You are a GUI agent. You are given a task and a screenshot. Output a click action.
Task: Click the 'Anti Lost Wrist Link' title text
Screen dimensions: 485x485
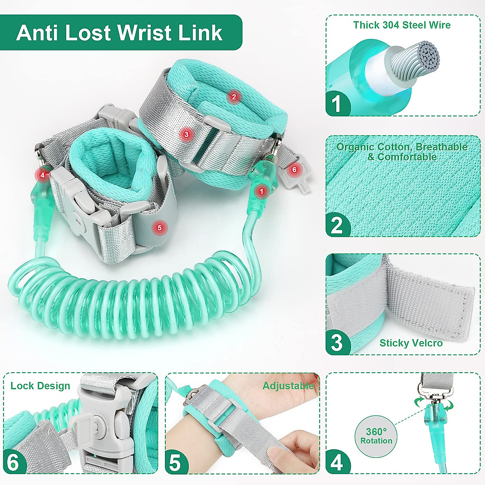tap(119, 33)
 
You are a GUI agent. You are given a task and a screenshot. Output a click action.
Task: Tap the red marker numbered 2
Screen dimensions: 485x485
tap(234, 97)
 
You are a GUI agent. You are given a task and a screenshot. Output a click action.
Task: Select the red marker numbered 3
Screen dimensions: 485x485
tap(186, 134)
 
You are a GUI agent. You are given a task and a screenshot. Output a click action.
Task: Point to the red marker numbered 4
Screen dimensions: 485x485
tap(42, 175)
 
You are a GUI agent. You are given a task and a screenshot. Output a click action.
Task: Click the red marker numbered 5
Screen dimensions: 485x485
tap(159, 228)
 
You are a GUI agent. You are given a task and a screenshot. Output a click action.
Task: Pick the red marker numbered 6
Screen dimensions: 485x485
tap(294, 170)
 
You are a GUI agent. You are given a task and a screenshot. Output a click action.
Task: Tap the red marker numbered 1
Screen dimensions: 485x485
tap(261, 192)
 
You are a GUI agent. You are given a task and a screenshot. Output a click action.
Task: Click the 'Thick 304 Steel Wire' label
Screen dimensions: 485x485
tap(402, 25)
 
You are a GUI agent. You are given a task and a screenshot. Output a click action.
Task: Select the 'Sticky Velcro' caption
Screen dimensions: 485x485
tap(411, 343)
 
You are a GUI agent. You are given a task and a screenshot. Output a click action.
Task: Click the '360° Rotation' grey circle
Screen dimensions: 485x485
tap(376, 436)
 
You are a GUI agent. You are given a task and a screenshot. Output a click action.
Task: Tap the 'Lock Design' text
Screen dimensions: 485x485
tap(40, 386)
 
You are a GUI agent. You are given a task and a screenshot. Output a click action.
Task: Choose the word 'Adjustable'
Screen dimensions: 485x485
tap(288, 386)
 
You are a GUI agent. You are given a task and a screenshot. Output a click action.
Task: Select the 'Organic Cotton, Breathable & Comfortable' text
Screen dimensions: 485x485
tap(402, 152)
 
